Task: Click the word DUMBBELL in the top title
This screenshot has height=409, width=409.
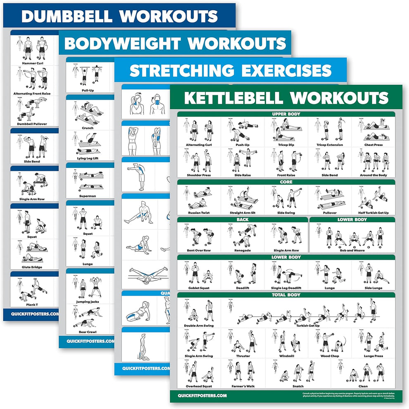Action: click(66, 16)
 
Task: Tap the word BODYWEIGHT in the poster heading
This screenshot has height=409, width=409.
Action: click(120, 43)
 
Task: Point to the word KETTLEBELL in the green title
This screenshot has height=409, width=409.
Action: click(233, 98)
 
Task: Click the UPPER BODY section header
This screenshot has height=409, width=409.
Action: click(286, 114)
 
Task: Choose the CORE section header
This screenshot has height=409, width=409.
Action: click(286, 182)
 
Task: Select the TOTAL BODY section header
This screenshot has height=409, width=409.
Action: click(286, 295)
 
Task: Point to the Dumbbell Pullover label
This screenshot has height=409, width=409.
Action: click(32, 124)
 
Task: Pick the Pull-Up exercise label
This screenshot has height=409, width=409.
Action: click(87, 90)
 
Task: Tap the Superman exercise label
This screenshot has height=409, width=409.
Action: click(87, 196)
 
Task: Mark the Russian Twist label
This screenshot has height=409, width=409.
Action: click(199, 213)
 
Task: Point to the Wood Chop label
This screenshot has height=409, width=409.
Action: click(330, 356)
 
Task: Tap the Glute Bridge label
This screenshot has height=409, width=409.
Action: click(32, 267)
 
